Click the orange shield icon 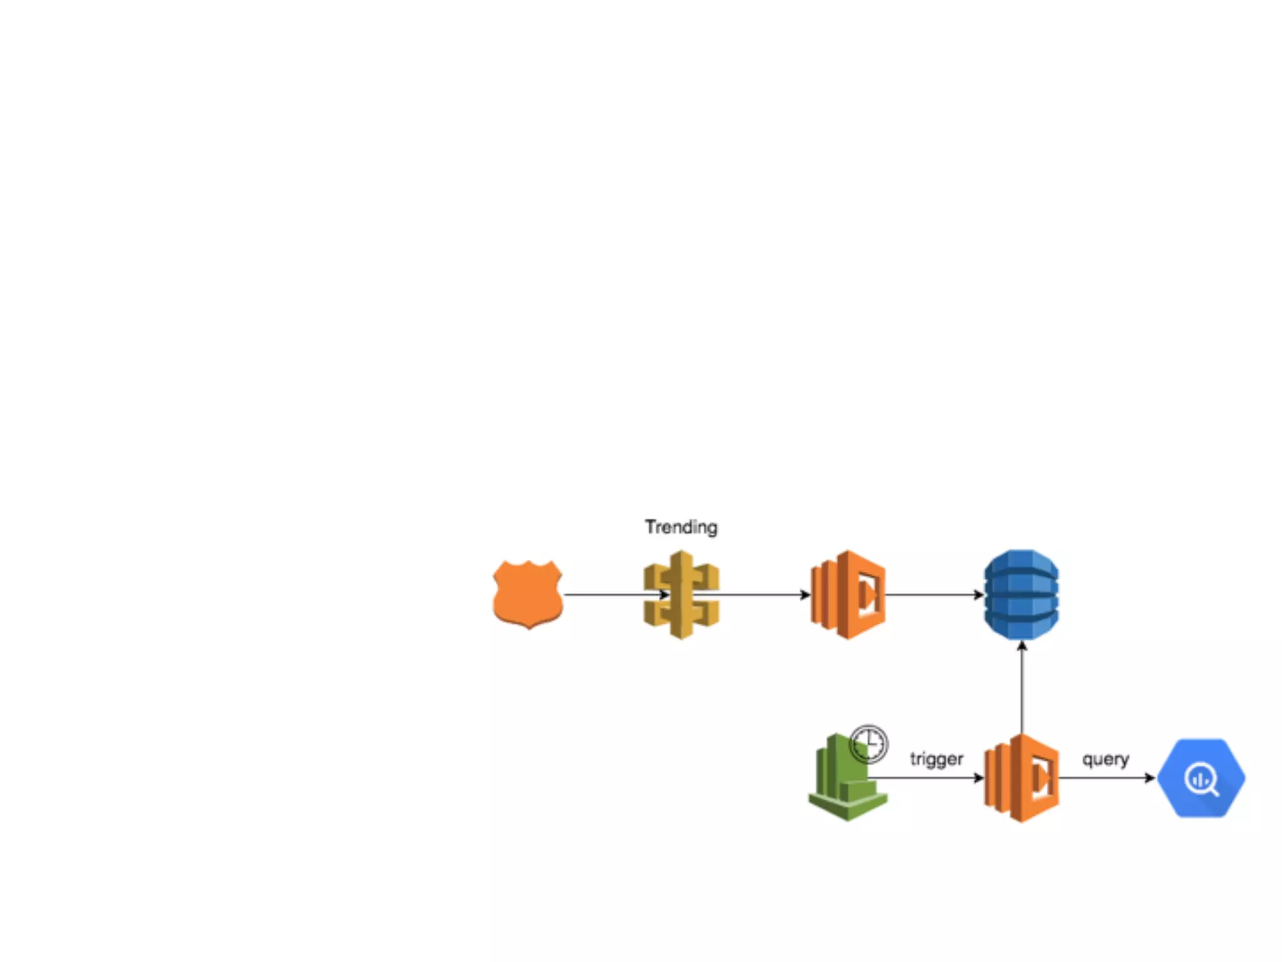point(527,594)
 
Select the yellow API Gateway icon point(681,594)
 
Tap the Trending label point(681,527)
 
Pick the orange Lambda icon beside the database point(848,594)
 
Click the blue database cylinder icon point(1021,594)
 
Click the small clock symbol point(869,743)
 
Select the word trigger point(936,759)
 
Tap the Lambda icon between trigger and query point(1022,778)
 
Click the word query point(1105,759)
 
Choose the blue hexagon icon point(1201,778)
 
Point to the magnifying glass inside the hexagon point(1202,780)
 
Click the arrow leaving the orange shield point(613,594)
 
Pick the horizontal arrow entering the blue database point(933,594)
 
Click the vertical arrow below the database point(1022,689)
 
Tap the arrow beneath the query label point(1105,778)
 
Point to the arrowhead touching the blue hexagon point(1150,778)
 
